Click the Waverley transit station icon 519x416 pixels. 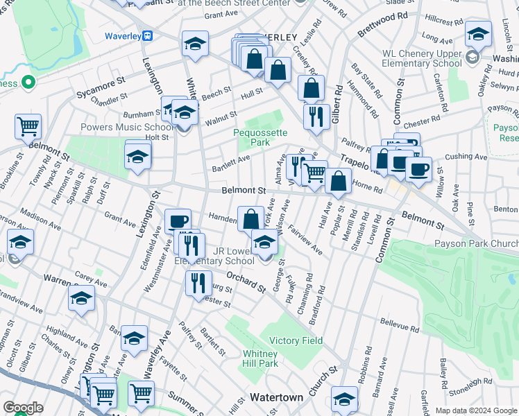pyautogui.click(x=147, y=36)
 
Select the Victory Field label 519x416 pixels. pyautogui.click(x=296, y=340)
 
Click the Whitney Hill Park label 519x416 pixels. pyautogui.click(x=260, y=358)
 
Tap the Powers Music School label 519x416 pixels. pyautogui.click(x=127, y=127)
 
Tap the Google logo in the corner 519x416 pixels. pyautogui.click(x=22, y=408)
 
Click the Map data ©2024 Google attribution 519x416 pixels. pyautogui.click(x=476, y=410)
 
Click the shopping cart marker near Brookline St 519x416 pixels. pyautogui.click(x=28, y=126)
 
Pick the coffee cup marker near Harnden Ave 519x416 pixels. pyautogui.click(x=178, y=220)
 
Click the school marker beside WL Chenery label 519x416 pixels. pyautogui.click(x=478, y=33)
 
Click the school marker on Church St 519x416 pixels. pyautogui.click(x=344, y=399)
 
